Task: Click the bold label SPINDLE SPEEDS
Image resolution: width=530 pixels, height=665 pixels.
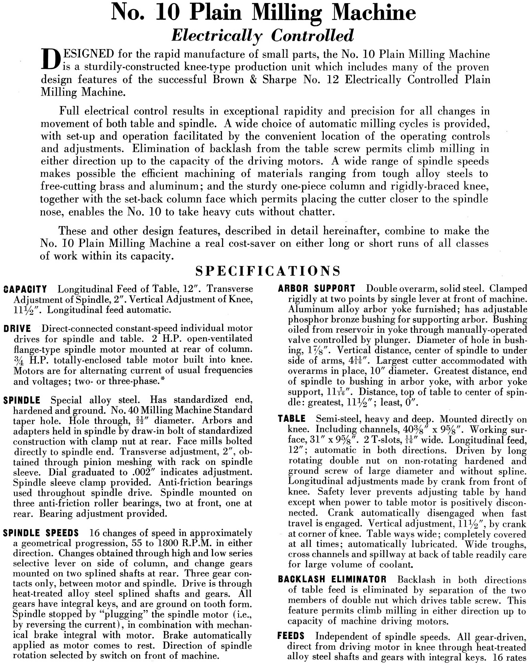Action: point(41,533)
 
